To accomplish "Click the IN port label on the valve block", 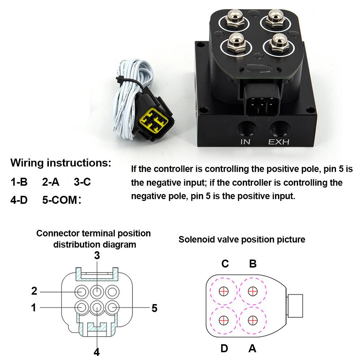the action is point(245,142).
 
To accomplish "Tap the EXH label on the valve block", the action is point(279,142).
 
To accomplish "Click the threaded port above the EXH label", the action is point(279,127).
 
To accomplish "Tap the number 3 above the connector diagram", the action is point(97,255).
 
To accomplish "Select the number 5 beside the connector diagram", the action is point(155,308).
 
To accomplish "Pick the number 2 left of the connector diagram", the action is point(34,291).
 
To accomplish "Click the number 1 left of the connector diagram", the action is point(34,307).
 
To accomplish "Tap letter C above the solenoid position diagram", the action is point(225,264).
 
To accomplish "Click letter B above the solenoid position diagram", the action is point(253,264).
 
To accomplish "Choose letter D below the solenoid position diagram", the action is point(224,348).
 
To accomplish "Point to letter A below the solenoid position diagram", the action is point(252,348).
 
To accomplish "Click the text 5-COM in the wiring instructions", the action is point(60,200).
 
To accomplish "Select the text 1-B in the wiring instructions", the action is point(19,182).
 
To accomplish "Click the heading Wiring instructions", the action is point(61,163).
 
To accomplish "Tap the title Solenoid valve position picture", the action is point(242,239).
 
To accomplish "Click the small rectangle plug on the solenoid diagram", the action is point(295,306).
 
